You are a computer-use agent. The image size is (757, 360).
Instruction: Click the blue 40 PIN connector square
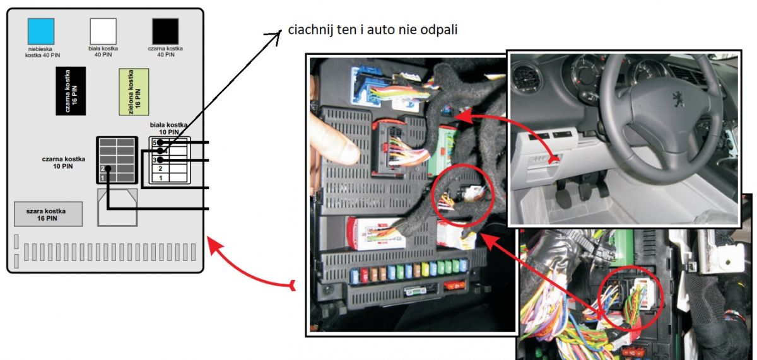pos(41,31)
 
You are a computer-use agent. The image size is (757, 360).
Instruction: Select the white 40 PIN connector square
pos(103,31)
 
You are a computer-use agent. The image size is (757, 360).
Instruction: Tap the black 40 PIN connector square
pos(165,31)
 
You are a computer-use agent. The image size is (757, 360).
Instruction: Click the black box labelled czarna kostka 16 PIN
pos(71,91)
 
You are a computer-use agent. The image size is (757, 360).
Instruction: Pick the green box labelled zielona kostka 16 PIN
pos(134,92)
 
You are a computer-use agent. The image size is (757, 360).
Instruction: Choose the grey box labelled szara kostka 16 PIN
pos(49,214)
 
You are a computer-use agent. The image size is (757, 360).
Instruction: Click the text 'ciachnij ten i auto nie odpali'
pos(372,30)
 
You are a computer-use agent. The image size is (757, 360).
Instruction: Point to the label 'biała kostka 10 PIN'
pos(168,129)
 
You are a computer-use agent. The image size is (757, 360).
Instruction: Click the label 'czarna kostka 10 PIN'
pos(63,163)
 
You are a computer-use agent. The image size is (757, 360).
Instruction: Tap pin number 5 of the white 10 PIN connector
pos(155,142)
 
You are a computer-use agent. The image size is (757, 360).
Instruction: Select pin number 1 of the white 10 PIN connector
pos(160,178)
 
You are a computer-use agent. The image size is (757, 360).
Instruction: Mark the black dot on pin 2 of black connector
pos(108,168)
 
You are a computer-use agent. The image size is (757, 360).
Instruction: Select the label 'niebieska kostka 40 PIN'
pos(43,52)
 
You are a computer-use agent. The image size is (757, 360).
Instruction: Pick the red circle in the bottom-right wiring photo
pos(631,298)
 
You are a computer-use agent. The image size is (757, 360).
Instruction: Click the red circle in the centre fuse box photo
pos(463,196)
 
